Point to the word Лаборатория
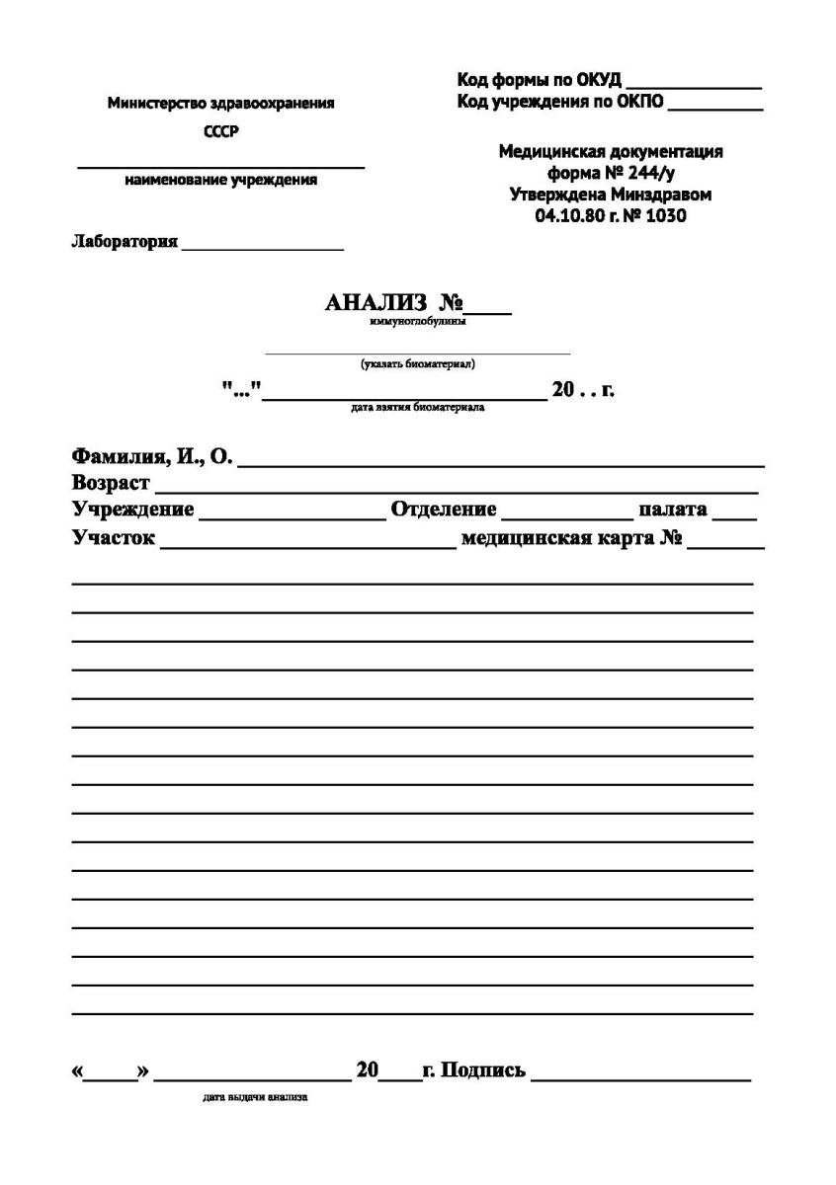125,242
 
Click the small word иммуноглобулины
418,321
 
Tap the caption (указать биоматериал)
418,363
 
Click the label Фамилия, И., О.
151,457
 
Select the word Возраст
111,484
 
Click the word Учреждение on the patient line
132,510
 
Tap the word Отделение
444,510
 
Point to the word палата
672,510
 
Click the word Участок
113,539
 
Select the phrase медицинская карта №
573,539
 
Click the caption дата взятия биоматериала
417,407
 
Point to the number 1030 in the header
665,215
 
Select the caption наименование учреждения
221,181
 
